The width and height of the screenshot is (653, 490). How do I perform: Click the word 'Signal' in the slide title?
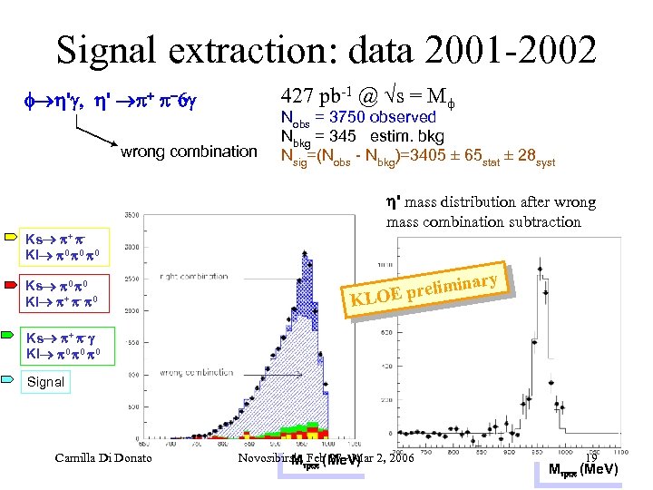click(112, 50)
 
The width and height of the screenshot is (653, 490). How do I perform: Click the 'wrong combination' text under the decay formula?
click(189, 152)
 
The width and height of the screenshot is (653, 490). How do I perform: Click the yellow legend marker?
click(12, 238)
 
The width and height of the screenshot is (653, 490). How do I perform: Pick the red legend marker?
click(12, 283)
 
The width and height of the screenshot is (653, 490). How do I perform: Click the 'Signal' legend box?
click(45, 382)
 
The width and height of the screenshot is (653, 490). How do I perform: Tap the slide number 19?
click(590, 458)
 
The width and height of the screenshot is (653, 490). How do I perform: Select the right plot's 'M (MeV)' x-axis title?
click(584, 469)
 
